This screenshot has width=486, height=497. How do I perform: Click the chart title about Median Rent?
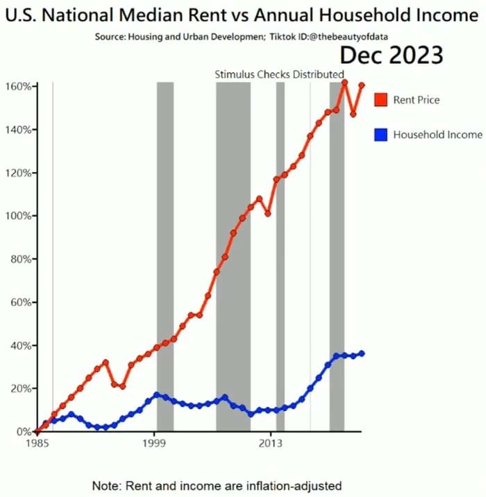click(243, 15)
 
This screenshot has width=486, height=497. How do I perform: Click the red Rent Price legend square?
click(380, 99)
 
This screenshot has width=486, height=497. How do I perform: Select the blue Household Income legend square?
click(380, 134)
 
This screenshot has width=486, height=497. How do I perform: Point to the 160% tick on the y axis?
click(17, 86)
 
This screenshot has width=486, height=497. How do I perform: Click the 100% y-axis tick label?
click(17, 216)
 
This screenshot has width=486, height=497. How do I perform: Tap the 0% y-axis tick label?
click(22, 432)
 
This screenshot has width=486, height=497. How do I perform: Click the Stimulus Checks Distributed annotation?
click(279, 74)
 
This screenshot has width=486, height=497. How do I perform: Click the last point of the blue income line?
click(362, 353)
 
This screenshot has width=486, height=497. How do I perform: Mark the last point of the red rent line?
click(362, 85)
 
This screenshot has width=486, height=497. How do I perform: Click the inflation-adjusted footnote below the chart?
click(217, 485)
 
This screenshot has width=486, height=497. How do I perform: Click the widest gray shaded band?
click(233, 257)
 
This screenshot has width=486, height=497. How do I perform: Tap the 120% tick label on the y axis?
click(17, 173)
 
